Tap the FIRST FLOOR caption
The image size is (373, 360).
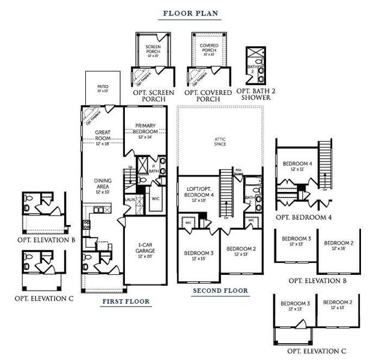coord(126,301)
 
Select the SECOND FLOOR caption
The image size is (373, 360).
coord(220,291)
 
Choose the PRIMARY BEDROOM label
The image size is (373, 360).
coord(146,130)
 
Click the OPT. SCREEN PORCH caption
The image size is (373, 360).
coord(153,96)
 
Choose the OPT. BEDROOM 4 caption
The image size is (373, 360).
coord(303,217)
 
